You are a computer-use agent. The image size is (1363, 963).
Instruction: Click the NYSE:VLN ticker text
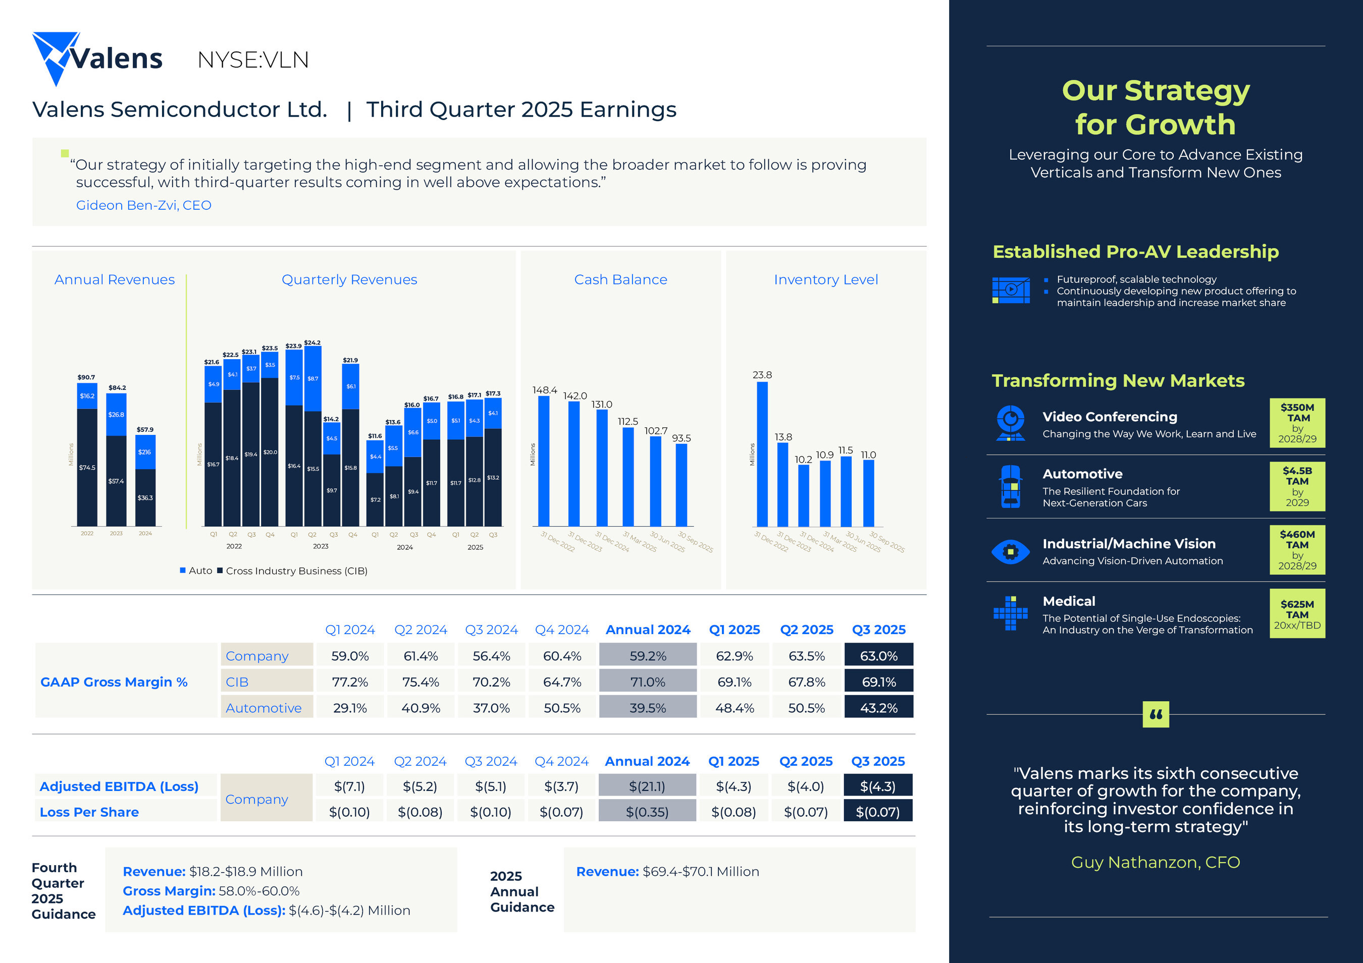pyautogui.click(x=253, y=60)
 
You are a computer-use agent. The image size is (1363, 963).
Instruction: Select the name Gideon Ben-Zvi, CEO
pyautogui.click(x=144, y=205)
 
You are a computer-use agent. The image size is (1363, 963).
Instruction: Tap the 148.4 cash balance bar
pyautogui.click(x=543, y=461)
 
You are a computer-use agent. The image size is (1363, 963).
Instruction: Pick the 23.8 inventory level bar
pyautogui.click(x=762, y=454)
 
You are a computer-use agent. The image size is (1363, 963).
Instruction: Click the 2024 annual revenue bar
pyautogui.click(x=145, y=481)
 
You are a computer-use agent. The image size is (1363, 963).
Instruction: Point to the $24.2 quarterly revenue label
pyautogui.click(x=312, y=343)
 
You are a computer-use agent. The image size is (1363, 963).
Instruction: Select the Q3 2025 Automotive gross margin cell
pyautogui.click(x=878, y=708)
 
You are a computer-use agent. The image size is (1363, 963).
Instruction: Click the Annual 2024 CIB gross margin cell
pyautogui.click(x=647, y=682)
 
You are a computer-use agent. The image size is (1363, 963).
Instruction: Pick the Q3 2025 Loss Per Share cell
pyautogui.click(x=877, y=812)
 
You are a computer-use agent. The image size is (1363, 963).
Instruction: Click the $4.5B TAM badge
pyautogui.click(x=1297, y=486)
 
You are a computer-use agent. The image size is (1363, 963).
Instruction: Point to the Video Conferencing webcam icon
pyautogui.click(x=1010, y=422)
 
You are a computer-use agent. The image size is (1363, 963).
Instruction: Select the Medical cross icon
pyautogui.click(x=1010, y=613)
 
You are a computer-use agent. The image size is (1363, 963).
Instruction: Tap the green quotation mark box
pyautogui.click(x=1155, y=714)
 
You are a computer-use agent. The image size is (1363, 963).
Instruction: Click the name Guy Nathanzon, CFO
pyautogui.click(x=1155, y=862)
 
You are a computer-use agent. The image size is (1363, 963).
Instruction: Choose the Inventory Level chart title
pyautogui.click(x=825, y=279)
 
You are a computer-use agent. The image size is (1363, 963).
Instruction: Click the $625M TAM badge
pyautogui.click(x=1297, y=613)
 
